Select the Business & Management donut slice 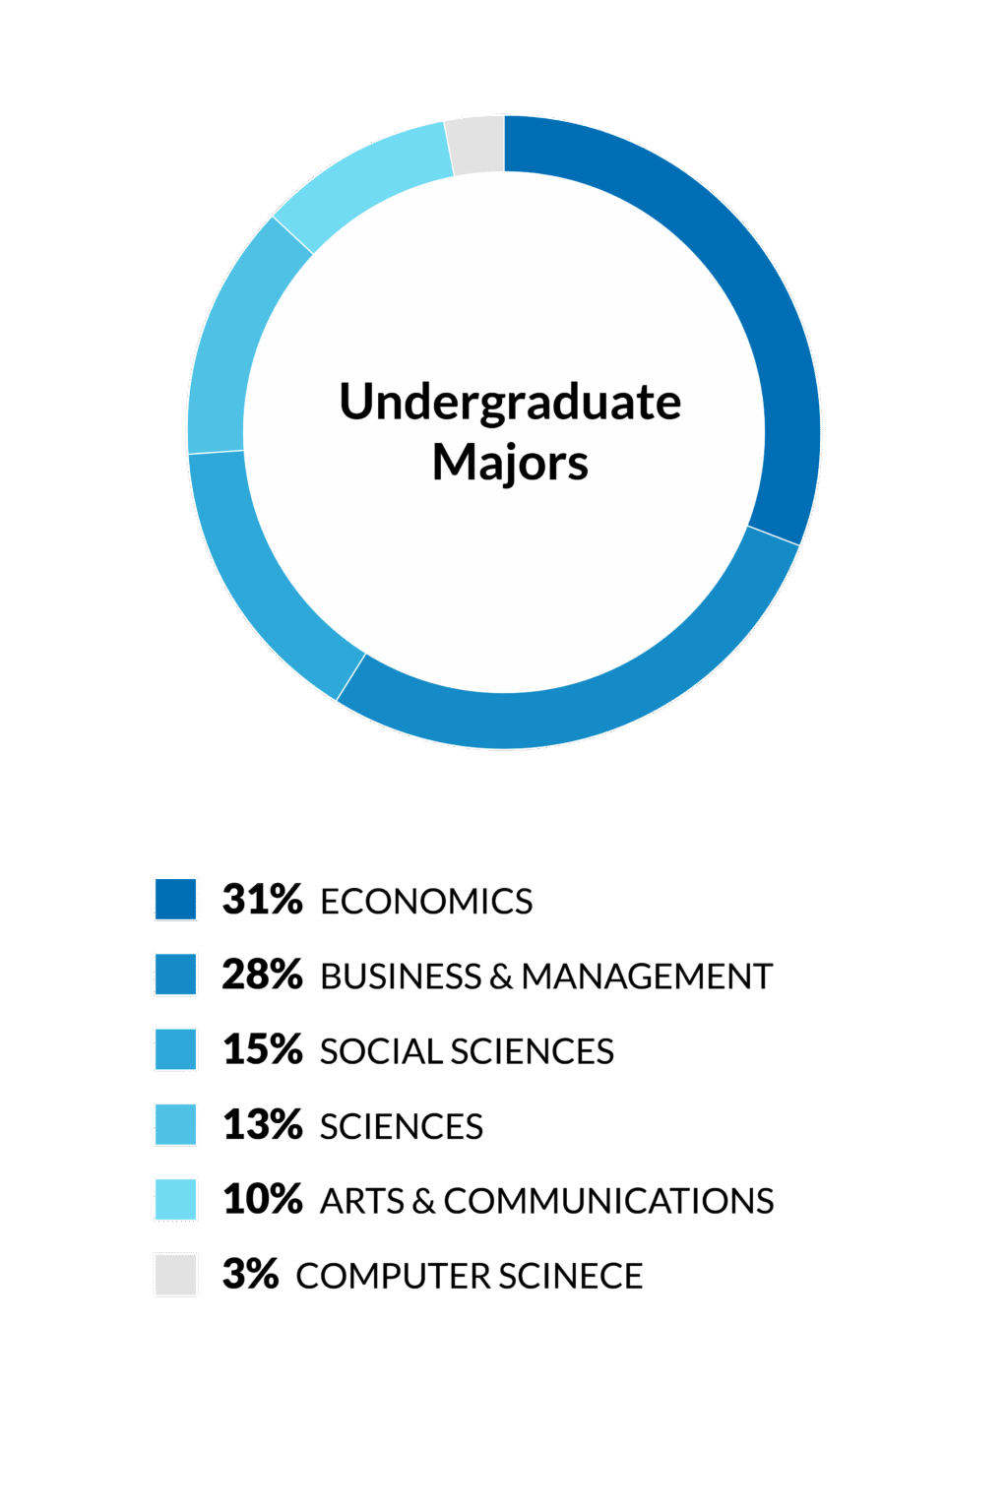[607, 702]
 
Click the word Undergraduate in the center [510, 404]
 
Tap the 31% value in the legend [262, 900]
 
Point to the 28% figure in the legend [262, 975]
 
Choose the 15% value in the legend [262, 1049]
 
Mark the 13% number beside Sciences [262, 1124]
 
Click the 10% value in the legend [262, 1200]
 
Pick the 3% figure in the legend [250, 1275]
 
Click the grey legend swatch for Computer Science [175, 1275]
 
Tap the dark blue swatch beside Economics [175, 900]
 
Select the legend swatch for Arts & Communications [175, 1200]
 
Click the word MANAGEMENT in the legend [647, 976]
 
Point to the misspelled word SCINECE [571, 1277]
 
